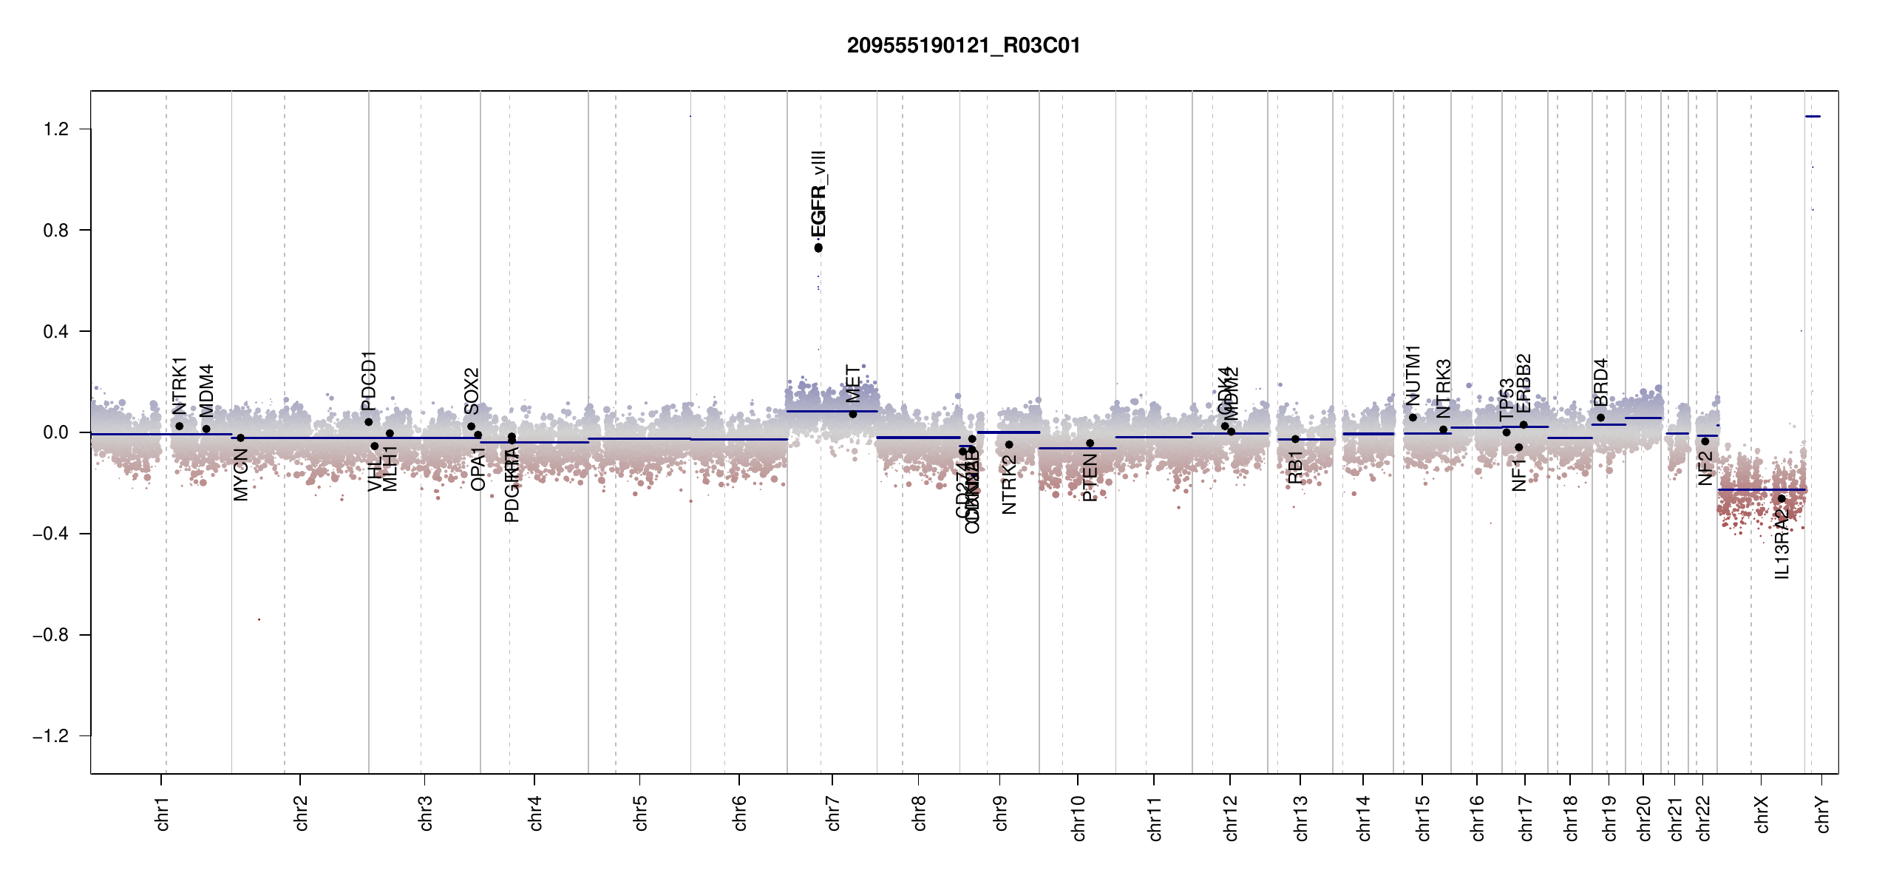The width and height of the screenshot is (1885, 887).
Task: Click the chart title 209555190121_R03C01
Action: pyautogui.click(x=963, y=46)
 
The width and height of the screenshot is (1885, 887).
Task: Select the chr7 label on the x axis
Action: pyautogui.click(x=833, y=814)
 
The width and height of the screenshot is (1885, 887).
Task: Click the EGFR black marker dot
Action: pyautogui.click(x=818, y=248)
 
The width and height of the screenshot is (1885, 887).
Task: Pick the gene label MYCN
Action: pyautogui.click(x=241, y=476)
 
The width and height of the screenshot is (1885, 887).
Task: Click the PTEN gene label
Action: pyautogui.click(x=1090, y=479)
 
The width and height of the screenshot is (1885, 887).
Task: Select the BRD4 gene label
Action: pyautogui.click(x=1600, y=383)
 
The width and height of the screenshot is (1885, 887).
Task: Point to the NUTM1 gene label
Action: pyautogui.click(x=1413, y=375)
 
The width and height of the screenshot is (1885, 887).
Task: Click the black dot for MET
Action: pyautogui.click(x=853, y=414)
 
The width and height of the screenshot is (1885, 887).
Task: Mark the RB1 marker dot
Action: pyautogui.click(x=1295, y=439)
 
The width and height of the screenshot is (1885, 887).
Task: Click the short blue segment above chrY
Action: pyautogui.click(x=1813, y=116)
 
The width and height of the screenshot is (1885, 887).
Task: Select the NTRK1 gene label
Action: pyautogui.click(x=180, y=387)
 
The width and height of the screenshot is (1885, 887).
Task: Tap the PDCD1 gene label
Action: pyautogui.click(x=369, y=381)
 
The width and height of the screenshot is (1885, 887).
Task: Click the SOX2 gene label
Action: pyautogui.click(x=472, y=391)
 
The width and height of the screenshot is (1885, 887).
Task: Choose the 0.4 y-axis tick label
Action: pyautogui.click(x=55, y=332)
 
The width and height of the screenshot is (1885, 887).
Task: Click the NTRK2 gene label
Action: pyautogui.click(x=1009, y=485)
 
